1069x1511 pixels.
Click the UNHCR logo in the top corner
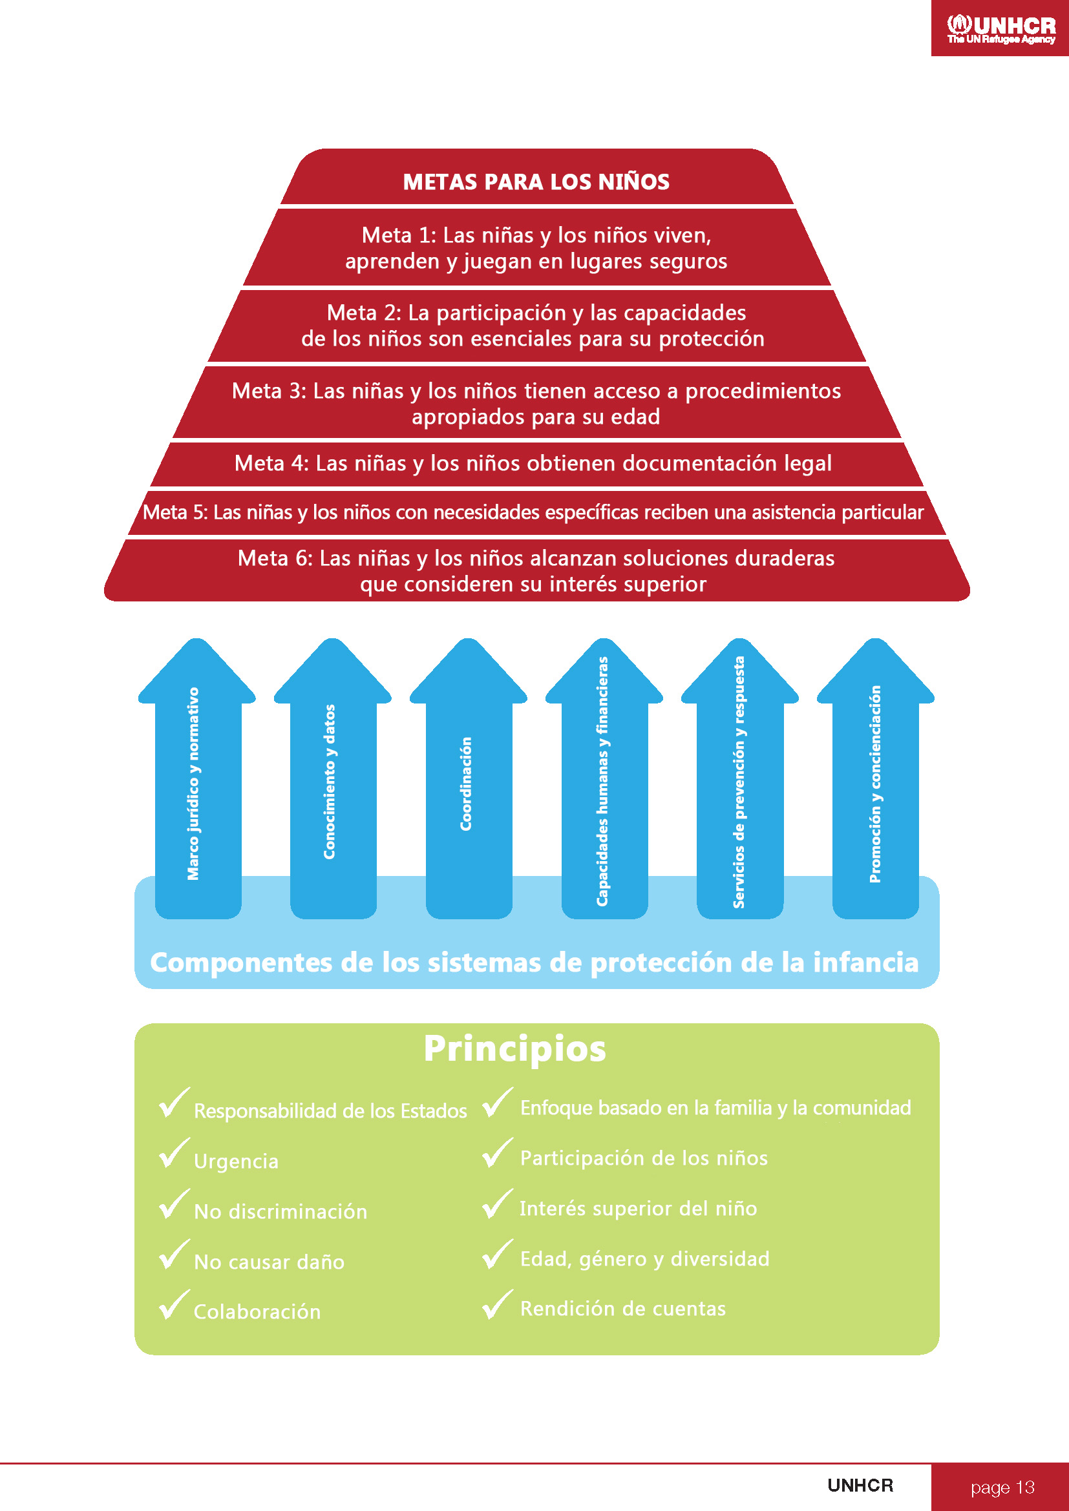(x=1000, y=29)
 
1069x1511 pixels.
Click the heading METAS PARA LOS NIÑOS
(x=536, y=182)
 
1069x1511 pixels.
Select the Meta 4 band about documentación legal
(x=536, y=464)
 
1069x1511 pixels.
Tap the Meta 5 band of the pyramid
(x=536, y=513)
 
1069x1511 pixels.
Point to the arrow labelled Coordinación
(x=468, y=778)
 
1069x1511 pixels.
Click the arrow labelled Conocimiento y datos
(x=332, y=778)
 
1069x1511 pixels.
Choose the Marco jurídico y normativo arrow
(x=197, y=778)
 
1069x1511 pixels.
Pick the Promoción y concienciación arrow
(x=876, y=778)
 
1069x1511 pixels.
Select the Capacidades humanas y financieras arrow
(x=604, y=778)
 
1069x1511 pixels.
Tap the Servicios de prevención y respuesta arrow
(x=740, y=778)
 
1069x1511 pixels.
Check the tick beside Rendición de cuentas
(x=498, y=1304)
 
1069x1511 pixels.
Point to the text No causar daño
(x=270, y=1262)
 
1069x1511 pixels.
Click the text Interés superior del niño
(x=639, y=1208)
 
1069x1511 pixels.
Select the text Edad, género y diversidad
(x=645, y=1259)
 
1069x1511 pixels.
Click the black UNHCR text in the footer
(x=860, y=1485)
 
